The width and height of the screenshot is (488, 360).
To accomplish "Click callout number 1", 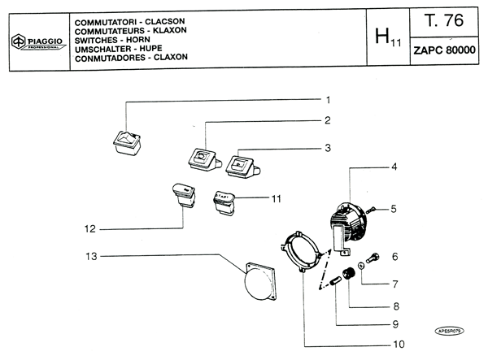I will pos(327,100).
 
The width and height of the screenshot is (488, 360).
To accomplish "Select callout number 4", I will pos(394,167).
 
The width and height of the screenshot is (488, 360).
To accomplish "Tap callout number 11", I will pos(276,198).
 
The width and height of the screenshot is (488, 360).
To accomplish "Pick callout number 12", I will pos(89,228).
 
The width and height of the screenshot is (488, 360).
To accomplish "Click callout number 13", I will pos(91,256).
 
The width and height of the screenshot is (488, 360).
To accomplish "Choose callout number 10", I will pos(399,344).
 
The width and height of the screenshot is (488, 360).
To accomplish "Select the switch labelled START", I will pos(224,199).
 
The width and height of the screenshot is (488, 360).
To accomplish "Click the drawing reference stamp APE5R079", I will pos(453,331).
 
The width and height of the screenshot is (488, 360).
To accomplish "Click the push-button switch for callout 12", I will pos(183,195).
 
